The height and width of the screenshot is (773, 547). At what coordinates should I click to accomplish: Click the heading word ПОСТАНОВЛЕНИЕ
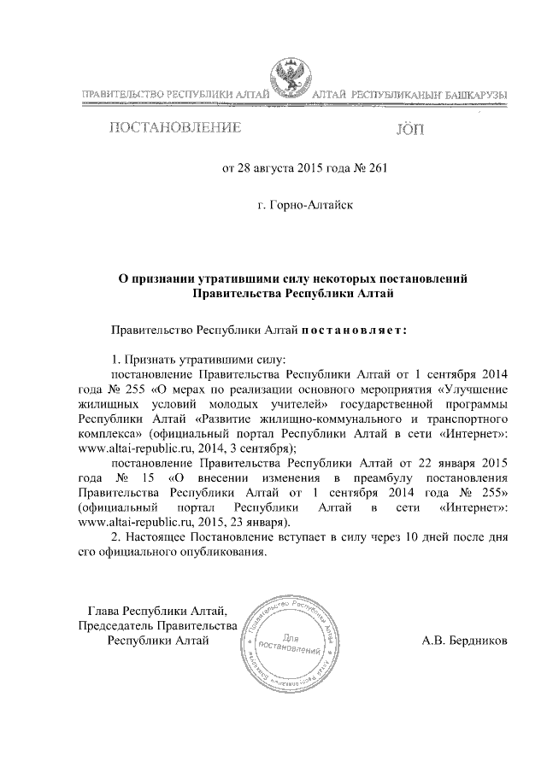click(x=173, y=129)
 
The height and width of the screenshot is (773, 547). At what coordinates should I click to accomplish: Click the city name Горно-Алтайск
click(x=304, y=205)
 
